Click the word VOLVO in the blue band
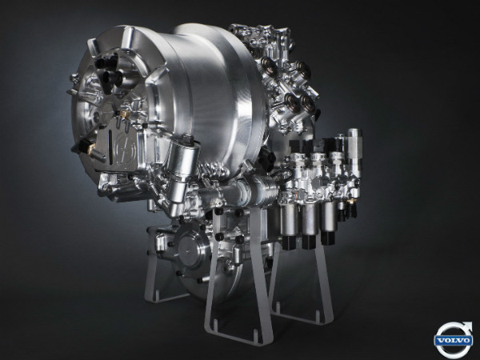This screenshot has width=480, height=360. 454,340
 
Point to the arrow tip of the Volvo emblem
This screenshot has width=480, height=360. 469,325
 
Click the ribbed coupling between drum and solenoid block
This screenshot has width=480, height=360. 260,192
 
